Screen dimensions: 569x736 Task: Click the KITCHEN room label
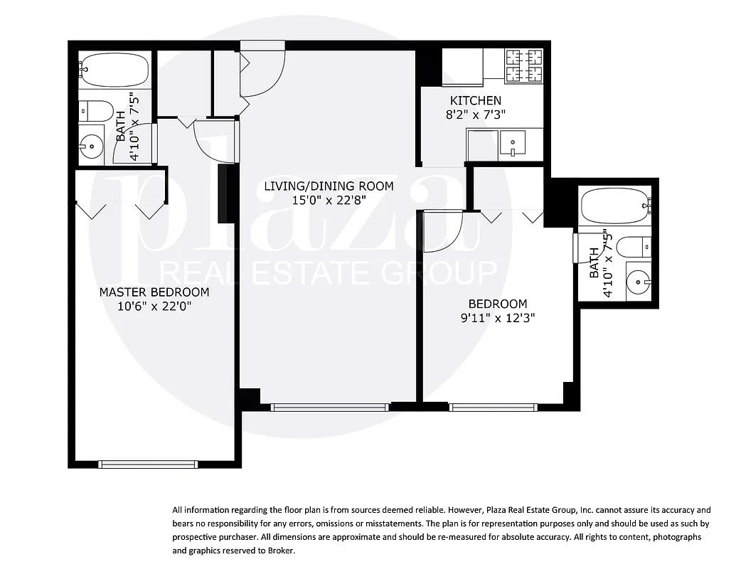(475, 100)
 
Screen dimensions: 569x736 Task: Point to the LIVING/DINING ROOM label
(329, 186)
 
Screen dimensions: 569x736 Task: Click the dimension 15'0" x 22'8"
(329, 200)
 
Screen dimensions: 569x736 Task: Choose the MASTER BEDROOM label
(154, 292)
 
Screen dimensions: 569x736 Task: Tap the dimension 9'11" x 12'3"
(497, 318)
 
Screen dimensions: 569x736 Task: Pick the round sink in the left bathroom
(91, 148)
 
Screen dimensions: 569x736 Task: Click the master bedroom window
(147, 464)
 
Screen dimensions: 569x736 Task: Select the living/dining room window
(329, 408)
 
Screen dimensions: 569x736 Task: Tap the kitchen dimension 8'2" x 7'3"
(475, 114)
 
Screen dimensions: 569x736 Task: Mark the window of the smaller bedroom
(493, 408)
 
